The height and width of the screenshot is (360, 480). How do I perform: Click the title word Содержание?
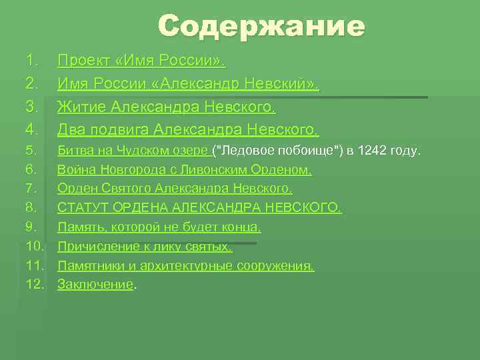[261, 27]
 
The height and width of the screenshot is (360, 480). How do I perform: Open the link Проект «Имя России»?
[141, 62]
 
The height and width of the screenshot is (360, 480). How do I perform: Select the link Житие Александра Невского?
[167, 106]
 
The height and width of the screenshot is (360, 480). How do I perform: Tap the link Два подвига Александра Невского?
[189, 129]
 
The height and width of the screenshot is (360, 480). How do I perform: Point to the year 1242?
[370, 151]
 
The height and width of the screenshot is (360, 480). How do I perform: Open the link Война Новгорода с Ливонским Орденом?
[185, 170]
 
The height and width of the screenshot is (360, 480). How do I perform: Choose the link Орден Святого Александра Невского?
[175, 189]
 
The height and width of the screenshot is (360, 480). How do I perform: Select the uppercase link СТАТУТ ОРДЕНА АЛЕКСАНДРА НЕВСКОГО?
[199, 209]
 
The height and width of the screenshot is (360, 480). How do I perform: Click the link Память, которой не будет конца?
[159, 228]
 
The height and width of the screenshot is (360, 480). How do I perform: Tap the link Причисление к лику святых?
[145, 247]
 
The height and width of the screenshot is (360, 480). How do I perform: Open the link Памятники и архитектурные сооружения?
[185, 267]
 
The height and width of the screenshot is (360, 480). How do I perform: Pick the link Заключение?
[95, 285]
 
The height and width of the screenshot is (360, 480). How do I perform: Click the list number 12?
[35, 285]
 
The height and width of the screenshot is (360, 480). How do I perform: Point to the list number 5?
[31, 151]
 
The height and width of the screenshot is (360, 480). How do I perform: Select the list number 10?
[35, 247]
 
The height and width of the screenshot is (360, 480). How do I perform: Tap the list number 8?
[31, 209]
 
